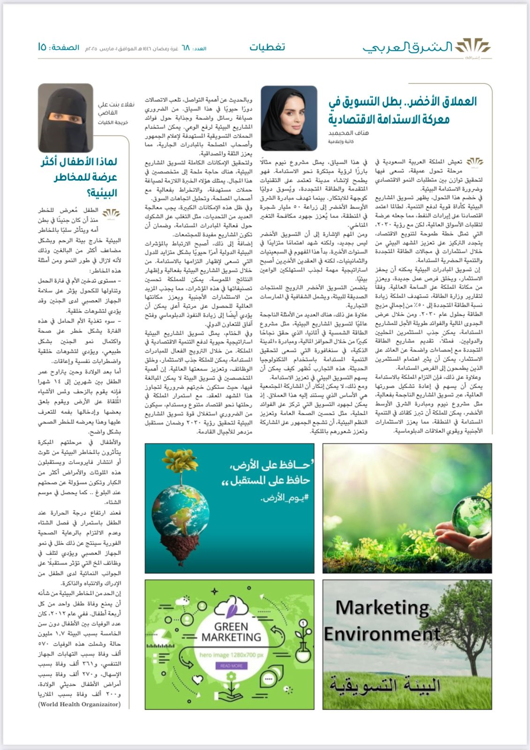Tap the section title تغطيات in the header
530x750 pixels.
(x=267, y=47)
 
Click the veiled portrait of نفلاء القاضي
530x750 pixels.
(x=66, y=118)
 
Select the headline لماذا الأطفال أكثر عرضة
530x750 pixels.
(x=79, y=177)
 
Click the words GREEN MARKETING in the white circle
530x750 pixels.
(x=231, y=632)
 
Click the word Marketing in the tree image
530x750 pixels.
(x=382, y=608)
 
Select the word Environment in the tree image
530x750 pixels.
(x=382, y=634)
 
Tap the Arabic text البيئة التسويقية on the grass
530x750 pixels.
(x=385, y=686)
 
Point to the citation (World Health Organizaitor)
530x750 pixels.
(x=79, y=704)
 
